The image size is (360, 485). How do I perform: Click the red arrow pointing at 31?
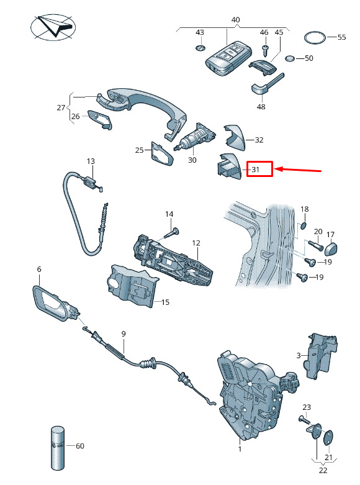(298, 170)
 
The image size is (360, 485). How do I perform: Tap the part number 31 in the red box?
(255, 170)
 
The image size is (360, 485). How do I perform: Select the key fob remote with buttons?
(228, 60)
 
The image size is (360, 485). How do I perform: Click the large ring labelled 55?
(315, 38)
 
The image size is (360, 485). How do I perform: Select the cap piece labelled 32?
(234, 137)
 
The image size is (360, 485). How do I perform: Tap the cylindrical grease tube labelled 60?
(58, 448)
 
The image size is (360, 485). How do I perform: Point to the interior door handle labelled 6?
(56, 304)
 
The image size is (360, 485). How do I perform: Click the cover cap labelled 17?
(331, 248)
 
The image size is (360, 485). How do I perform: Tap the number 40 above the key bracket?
(235, 20)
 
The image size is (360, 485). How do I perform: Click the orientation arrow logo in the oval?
(53, 26)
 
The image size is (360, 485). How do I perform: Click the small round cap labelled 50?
(290, 59)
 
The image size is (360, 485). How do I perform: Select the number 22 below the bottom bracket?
(323, 470)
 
